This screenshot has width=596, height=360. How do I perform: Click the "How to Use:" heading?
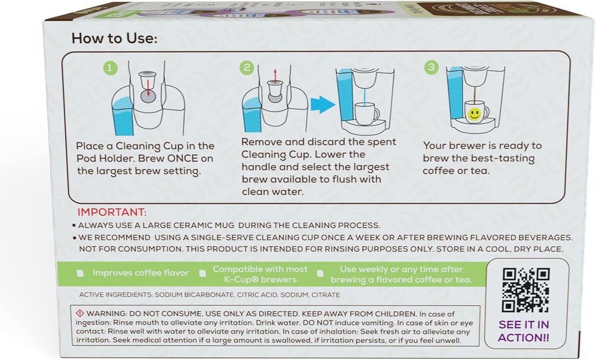tap(115, 38)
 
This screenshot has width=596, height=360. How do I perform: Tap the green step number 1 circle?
tap(109, 68)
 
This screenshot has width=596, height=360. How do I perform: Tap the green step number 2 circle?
tap(247, 68)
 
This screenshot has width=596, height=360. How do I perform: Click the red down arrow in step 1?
tap(149, 87)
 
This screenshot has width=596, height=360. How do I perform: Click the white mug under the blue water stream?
tap(367, 113)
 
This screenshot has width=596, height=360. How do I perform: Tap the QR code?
tap(526, 290)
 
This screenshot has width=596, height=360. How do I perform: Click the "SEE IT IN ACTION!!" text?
tap(524, 331)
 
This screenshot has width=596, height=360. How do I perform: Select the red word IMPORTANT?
tap(112, 212)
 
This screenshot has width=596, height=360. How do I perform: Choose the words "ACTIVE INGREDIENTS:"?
tap(116, 295)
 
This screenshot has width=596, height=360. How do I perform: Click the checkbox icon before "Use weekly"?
tap(320, 273)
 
